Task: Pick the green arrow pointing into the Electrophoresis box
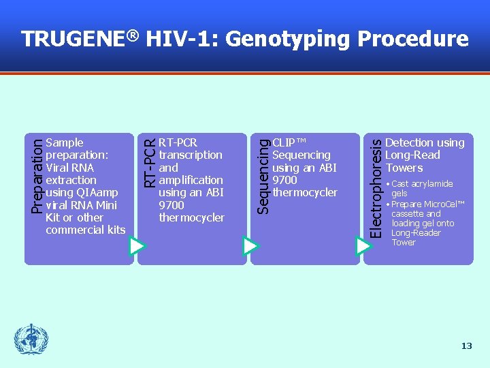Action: coord(363,245)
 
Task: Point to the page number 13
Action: coord(466,346)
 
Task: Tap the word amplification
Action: coord(191,180)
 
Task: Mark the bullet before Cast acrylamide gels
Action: coord(388,184)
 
